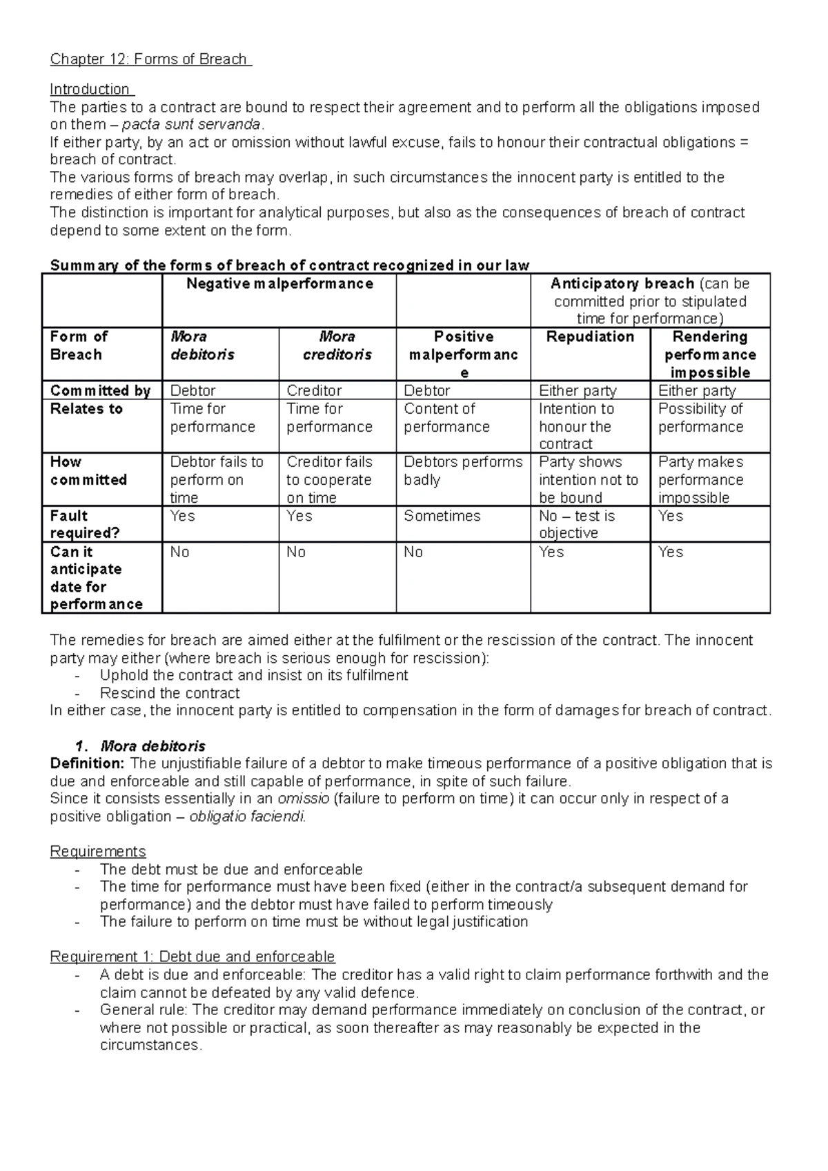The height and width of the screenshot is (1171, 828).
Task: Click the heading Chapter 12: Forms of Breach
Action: click(x=150, y=59)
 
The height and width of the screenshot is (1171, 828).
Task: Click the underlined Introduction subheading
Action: click(x=91, y=90)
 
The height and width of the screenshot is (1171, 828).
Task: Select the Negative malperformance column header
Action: click(x=279, y=284)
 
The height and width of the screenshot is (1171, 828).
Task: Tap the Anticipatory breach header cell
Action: click(x=650, y=301)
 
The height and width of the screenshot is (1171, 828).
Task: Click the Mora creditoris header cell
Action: click(x=337, y=346)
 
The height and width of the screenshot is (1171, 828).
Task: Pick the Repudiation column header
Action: click(x=590, y=337)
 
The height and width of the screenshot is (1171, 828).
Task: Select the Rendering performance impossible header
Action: click(x=710, y=354)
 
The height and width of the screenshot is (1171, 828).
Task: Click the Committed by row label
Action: click(x=100, y=391)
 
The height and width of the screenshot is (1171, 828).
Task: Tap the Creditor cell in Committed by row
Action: click(x=314, y=391)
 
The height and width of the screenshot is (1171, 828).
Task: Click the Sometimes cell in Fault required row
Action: click(x=442, y=516)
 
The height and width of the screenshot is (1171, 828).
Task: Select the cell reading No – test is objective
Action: click(x=577, y=524)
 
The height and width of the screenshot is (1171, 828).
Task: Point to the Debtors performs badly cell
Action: click(x=462, y=470)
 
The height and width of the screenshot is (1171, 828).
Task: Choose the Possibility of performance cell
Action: click(x=700, y=417)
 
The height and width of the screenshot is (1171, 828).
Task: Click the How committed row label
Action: click(x=88, y=470)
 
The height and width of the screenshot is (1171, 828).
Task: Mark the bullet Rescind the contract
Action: click(x=170, y=693)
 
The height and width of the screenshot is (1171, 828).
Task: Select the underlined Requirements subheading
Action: click(x=98, y=852)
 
